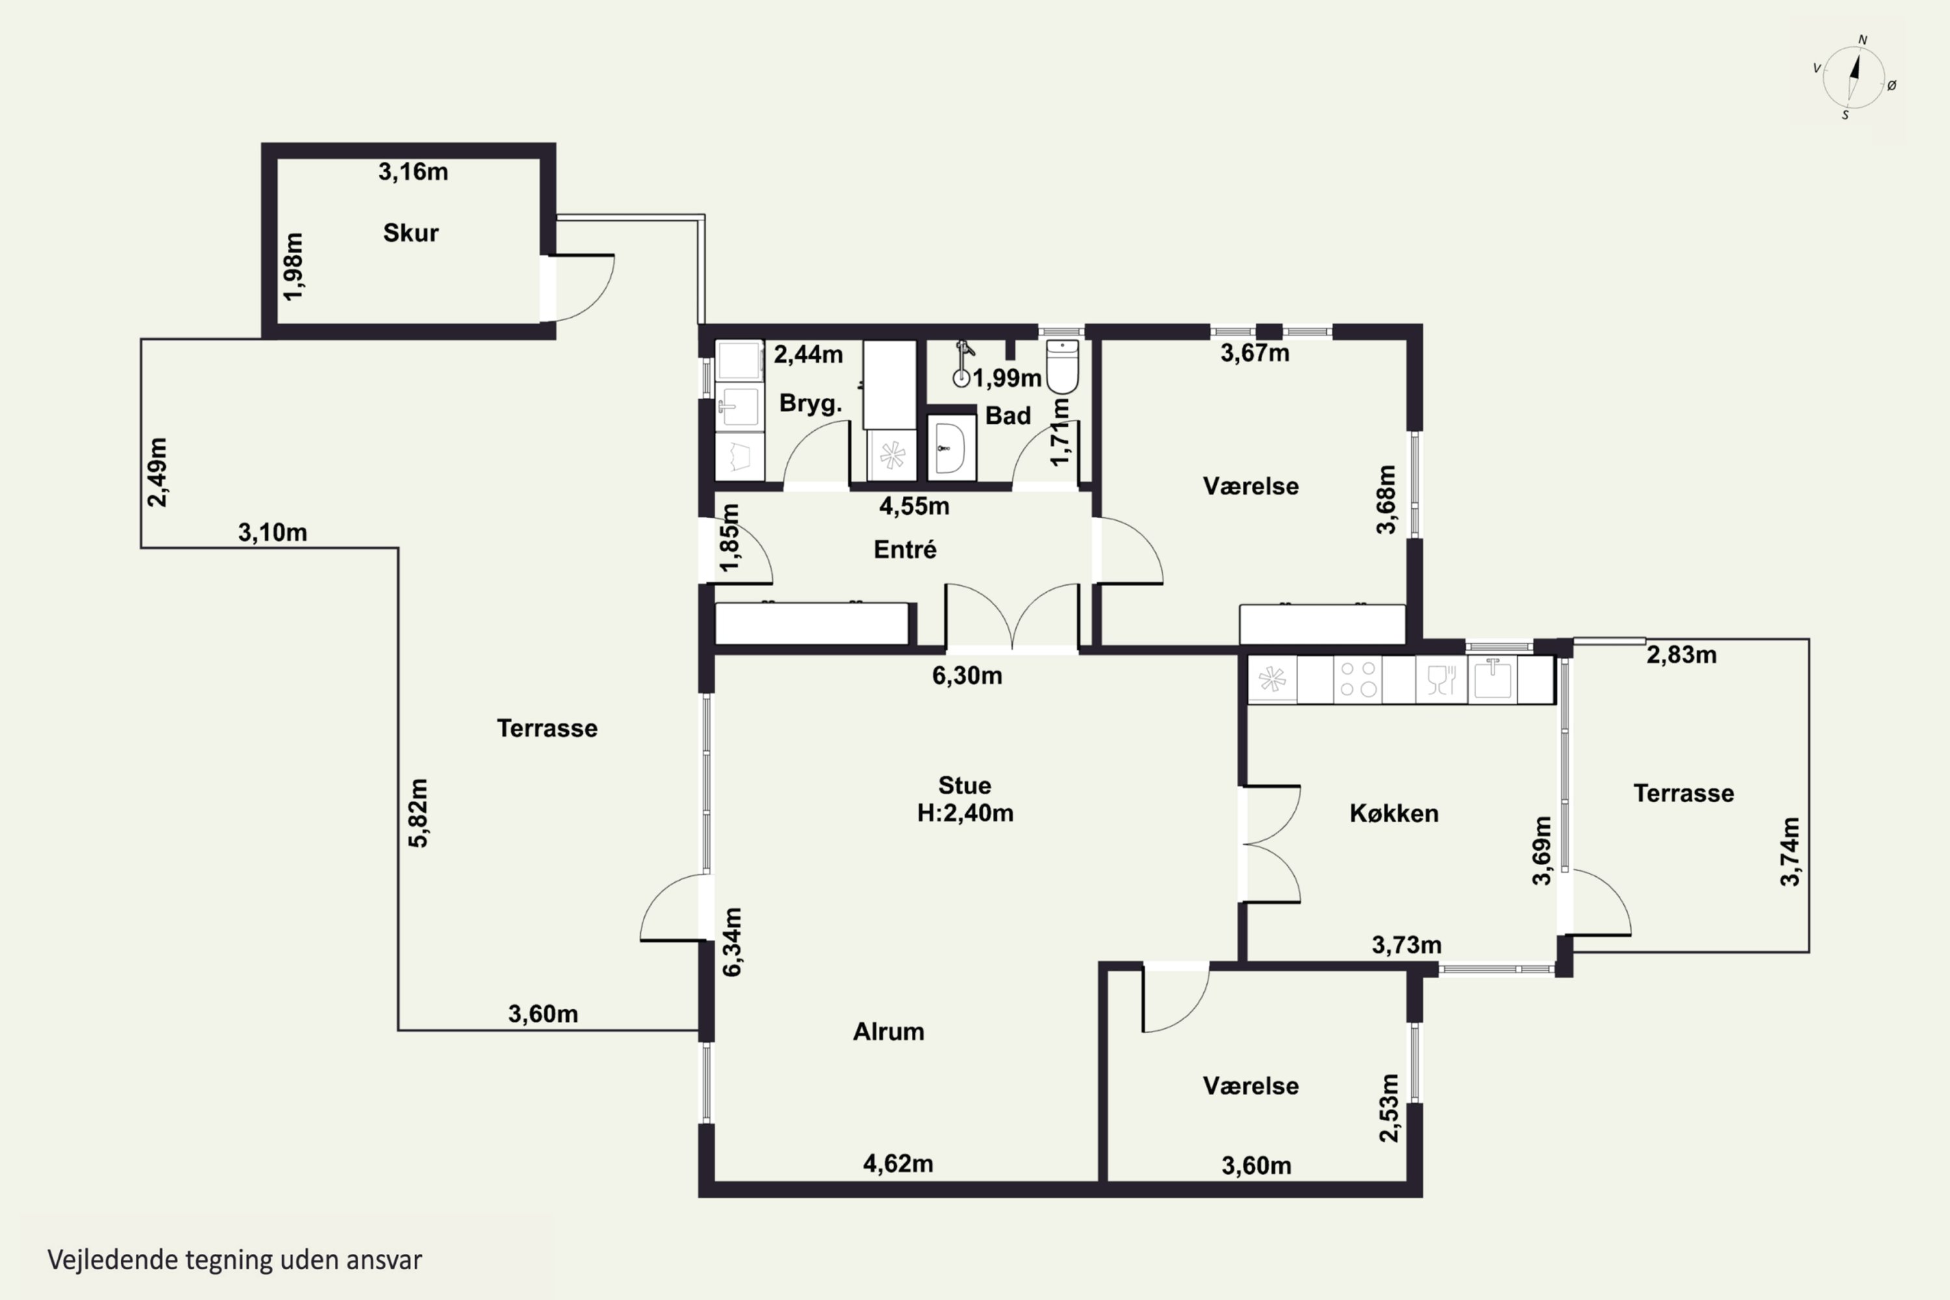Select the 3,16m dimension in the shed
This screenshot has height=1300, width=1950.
[413, 172]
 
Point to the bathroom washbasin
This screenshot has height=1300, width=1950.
[950, 448]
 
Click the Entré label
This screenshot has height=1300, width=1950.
[905, 550]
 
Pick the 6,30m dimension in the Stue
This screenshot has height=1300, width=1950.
[967, 676]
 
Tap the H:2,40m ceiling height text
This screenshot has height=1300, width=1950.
[965, 812]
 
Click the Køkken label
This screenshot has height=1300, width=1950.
[1394, 813]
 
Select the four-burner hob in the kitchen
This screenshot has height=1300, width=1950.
[1358, 679]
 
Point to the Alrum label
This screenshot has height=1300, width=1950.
[889, 1032]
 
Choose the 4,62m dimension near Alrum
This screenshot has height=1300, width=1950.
[898, 1164]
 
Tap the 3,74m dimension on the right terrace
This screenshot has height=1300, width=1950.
[1790, 851]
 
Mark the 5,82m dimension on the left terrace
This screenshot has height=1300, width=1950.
[419, 812]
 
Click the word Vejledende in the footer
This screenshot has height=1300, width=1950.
[112, 1260]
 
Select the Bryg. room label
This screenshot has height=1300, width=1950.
[810, 404]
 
